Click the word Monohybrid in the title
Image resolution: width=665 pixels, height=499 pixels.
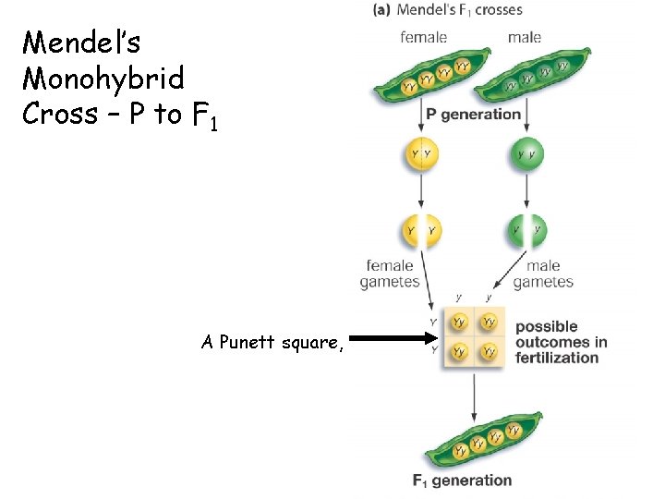[x=103, y=78]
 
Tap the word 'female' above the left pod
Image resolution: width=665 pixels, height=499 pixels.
[x=423, y=37]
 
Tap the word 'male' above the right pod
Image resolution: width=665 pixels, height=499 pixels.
[x=524, y=37]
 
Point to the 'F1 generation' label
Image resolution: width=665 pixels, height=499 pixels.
[x=462, y=481]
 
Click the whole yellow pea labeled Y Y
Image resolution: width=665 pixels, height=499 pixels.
[x=422, y=153]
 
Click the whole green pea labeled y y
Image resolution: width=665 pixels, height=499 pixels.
[x=526, y=153]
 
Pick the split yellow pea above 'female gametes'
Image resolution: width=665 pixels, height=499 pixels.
[x=421, y=229]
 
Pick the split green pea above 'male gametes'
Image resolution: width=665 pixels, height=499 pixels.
[x=526, y=229]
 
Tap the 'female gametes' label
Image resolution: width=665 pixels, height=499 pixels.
[x=389, y=274]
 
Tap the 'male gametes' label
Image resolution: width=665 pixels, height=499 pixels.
[x=543, y=274]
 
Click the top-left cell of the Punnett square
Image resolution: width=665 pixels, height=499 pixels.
[x=459, y=322]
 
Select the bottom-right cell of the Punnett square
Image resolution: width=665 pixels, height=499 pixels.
[x=489, y=351]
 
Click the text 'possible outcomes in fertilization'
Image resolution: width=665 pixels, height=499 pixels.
[x=561, y=342]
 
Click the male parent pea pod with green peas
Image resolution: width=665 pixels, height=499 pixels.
[x=525, y=78]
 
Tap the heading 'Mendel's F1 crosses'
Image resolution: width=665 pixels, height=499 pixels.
[x=448, y=10]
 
